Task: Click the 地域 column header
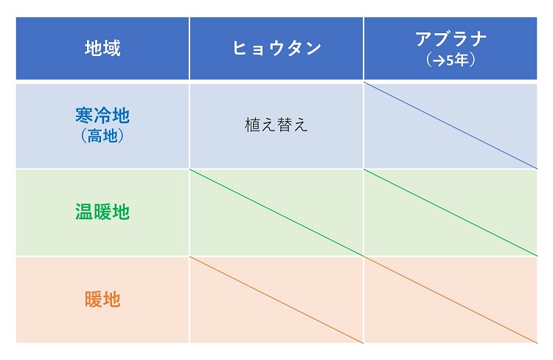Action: pos(102,49)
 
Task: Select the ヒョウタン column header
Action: pos(276,49)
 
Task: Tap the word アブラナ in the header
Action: pos(451,39)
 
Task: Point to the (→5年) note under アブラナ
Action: pos(451,60)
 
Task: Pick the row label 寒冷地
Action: pos(102,115)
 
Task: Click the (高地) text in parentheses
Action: pos(102,136)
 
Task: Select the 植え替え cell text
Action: pos(276,125)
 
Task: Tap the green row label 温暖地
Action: pos(102,212)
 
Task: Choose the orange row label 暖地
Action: pos(102,300)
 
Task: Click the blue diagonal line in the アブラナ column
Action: pos(451,125)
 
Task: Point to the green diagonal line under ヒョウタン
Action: pos(276,212)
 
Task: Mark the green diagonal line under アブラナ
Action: pos(451,212)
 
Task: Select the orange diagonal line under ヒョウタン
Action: pos(276,300)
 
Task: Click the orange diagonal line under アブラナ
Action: pos(451,300)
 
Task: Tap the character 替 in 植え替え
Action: pos(285,125)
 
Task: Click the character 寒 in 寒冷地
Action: pos(84,115)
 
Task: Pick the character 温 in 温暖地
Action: pos(84,212)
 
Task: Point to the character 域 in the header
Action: pos(112,49)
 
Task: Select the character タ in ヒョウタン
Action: pos(295,49)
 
